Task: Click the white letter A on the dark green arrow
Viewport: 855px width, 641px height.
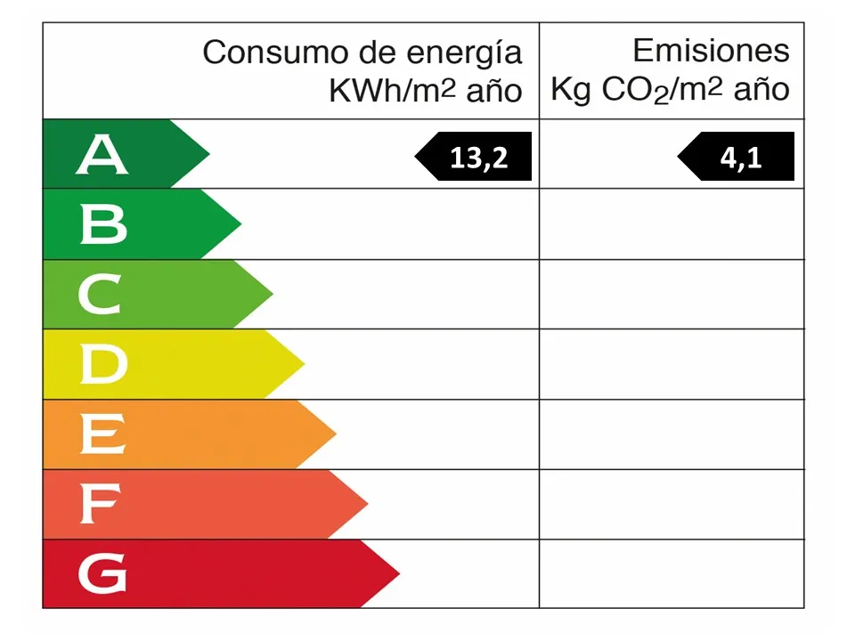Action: pyautogui.click(x=102, y=155)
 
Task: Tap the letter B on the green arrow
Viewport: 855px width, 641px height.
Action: pyautogui.click(x=102, y=224)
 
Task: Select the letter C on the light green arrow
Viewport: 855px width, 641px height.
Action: pyautogui.click(x=100, y=295)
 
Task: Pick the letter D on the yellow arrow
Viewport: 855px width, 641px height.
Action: pyautogui.click(x=102, y=364)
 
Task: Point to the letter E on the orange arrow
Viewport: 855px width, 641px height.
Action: pyautogui.click(x=102, y=434)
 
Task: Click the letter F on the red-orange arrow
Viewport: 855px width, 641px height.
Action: pyautogui.click(x=99, y=505)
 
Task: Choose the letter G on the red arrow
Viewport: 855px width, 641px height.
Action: pyautogui.click(x=102, y=574)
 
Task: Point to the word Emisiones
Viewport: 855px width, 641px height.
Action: pyautogui.click(x=711, y=51)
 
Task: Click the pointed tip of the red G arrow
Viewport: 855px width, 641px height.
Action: pyautogui.click(x=398, y=574)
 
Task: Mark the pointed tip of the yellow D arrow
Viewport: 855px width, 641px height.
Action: pyautogui.click(x=303, y=363)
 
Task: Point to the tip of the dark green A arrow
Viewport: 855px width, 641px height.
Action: pyautogui.click(x=208, y=154)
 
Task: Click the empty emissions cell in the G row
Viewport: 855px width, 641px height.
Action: pyautogui.click(x=672, y=574)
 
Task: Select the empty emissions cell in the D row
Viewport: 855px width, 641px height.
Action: pyautogui.click(x=672, y=364)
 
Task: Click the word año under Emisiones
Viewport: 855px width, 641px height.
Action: pyautogui.click(x=761, y=91)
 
